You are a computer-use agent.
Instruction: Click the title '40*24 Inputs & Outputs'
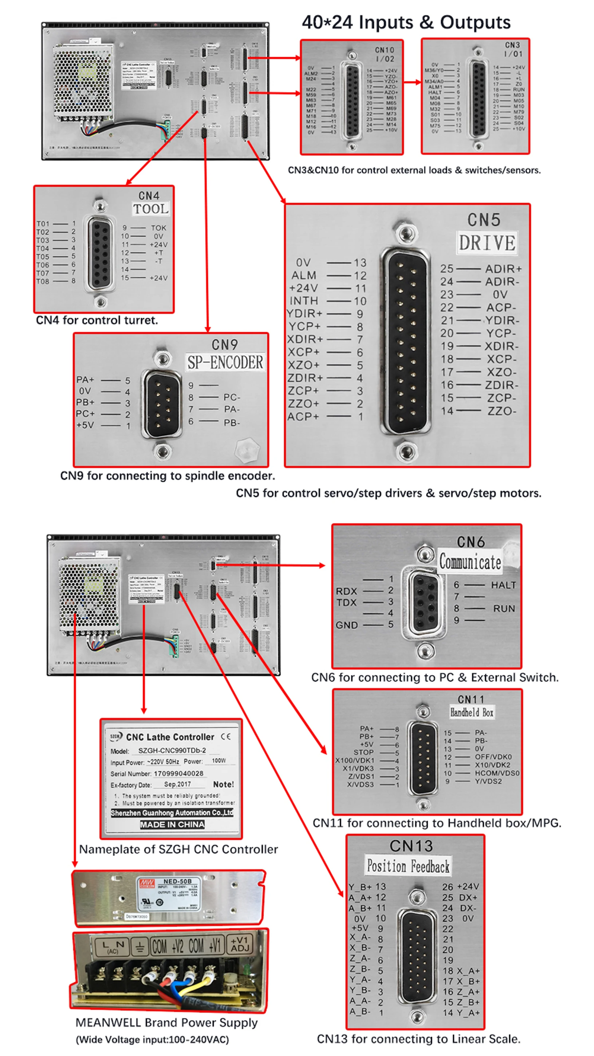pos(406,23)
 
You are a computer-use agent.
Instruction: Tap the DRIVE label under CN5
pos(487,243)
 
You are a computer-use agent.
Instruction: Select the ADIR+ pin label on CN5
pos(503,269)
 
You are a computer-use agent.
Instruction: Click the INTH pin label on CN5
pos(304,301)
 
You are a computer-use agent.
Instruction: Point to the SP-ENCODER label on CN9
pos(225,362)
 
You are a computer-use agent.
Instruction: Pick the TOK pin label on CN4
pos(158,228)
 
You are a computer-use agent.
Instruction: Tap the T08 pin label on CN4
pos(43,282)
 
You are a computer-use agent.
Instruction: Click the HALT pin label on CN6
pos(503,585)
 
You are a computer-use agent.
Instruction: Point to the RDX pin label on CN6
pos(347,591)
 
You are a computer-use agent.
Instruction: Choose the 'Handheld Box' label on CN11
pos(472,712)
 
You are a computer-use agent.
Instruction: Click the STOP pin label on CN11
pos(363,752)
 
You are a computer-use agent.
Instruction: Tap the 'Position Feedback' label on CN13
pos(408,866)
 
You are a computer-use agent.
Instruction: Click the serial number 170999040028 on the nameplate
pos(178,774)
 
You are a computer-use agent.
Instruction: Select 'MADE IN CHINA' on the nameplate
pos(172,824)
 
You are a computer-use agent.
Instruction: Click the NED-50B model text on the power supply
pos(177,881)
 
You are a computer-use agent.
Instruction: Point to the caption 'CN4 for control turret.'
pos(97,320)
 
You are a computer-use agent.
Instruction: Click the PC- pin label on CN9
pos(232,397)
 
